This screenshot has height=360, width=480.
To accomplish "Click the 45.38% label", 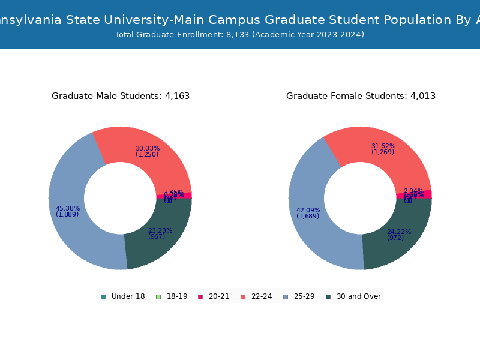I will (x=68, y=209).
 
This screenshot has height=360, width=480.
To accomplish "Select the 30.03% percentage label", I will (x=148, y=149).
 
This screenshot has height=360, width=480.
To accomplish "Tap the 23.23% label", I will (x=160, y=230).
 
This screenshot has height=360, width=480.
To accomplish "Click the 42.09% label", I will (x=308, y=211).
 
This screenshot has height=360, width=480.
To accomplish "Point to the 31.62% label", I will (x=383, y=146).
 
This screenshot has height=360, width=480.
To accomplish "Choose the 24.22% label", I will (x=399, y=232).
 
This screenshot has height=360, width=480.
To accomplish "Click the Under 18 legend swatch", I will (x=103, y=296).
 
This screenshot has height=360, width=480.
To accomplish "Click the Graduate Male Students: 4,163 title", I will (x=121, y=96).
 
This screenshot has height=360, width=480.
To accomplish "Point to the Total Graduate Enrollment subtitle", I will (x=239, y=35).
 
